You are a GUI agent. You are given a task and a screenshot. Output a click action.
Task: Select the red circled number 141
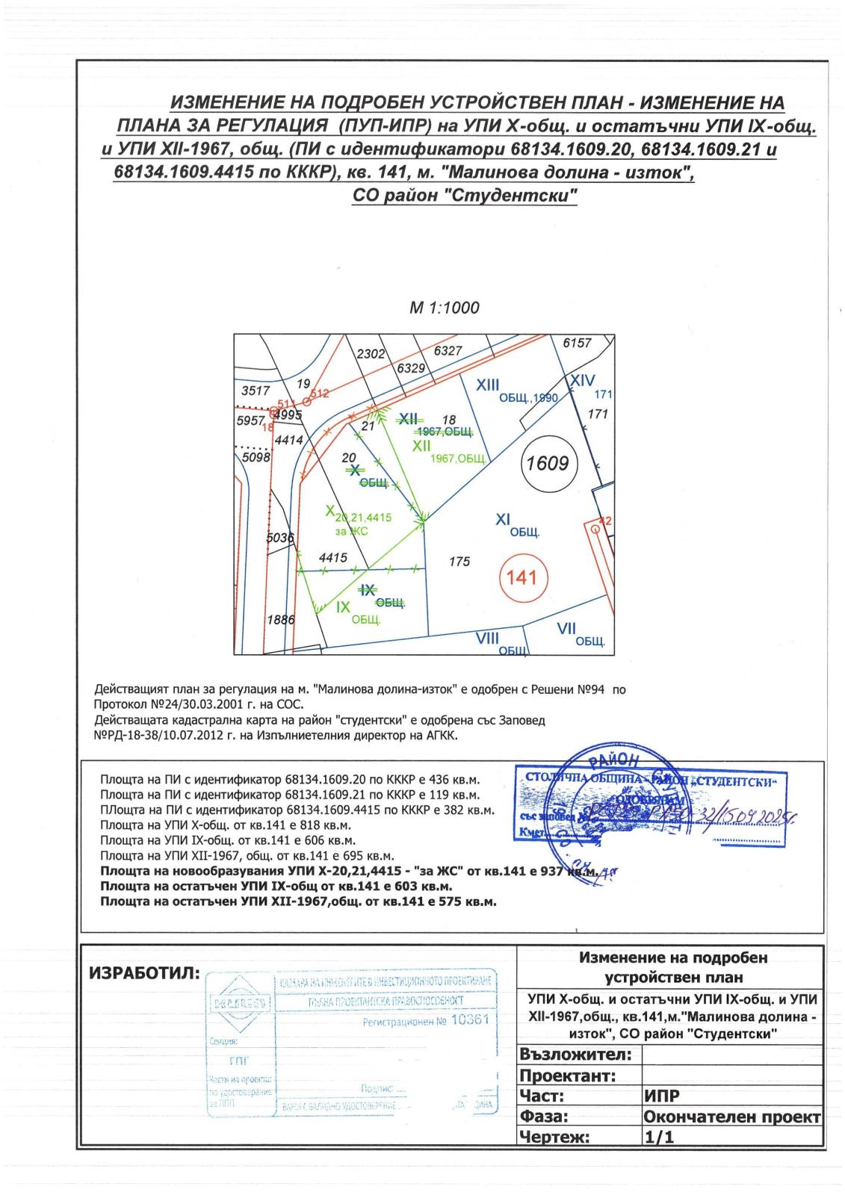point(521,577)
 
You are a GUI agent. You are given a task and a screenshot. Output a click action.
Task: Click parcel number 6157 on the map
point(577,344)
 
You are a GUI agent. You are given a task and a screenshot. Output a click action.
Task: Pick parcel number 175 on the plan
point(459,561)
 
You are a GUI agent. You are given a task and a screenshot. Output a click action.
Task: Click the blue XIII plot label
point(488,384)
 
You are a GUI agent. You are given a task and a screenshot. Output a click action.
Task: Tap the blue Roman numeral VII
point(566,630)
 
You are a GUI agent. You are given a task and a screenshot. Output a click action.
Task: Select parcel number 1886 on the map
point(281,619)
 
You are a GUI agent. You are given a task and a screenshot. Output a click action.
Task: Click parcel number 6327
point(448,350)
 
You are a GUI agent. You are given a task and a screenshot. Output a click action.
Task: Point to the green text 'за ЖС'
point(352,531)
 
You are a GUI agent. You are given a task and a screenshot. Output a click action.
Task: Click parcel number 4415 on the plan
point(332,557)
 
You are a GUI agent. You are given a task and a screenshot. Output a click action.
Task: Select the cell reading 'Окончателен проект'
point(732,1117)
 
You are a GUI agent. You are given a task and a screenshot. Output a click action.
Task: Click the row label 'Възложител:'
point(575,1055)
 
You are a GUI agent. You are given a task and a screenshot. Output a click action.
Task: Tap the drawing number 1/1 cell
point(658,1137)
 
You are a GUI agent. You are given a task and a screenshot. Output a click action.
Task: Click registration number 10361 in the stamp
point(470,1020)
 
